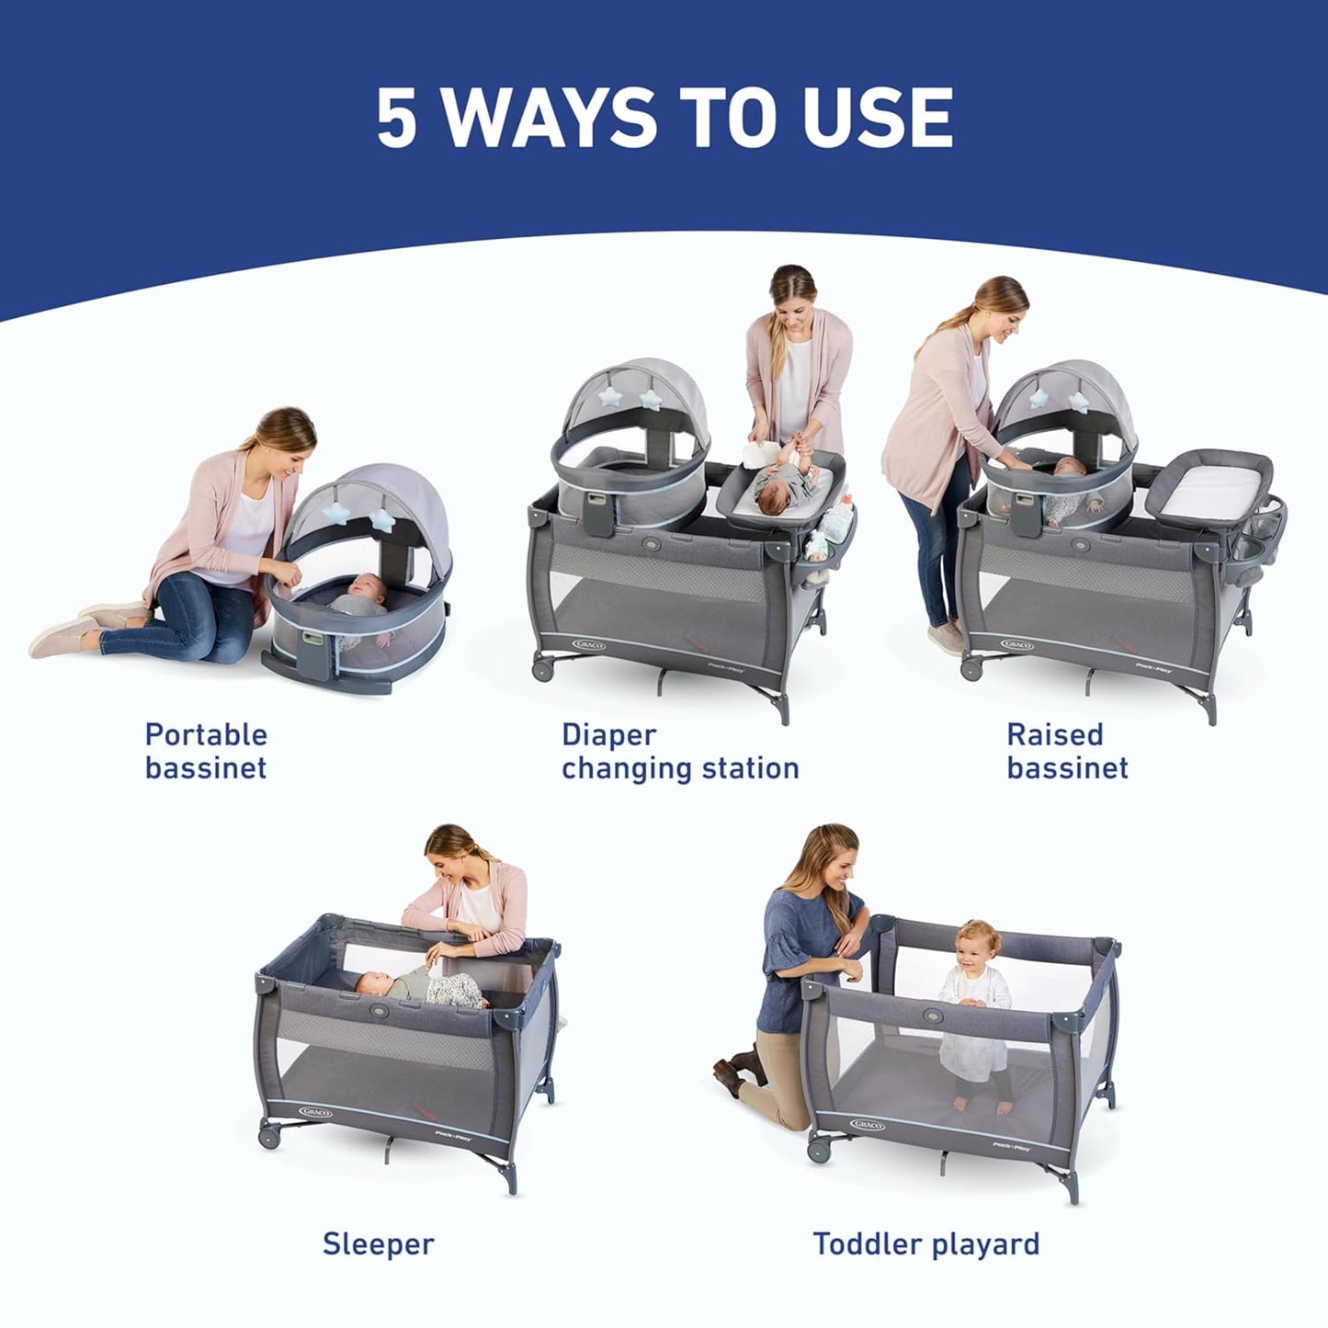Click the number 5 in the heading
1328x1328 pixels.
(397, 118)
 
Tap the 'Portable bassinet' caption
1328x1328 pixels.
(206, 751)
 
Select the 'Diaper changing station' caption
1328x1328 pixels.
(679, 751)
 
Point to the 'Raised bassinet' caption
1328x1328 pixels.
(1066, 751)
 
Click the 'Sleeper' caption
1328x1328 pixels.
(378, 1243)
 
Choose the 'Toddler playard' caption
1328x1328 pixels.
(925, 1243)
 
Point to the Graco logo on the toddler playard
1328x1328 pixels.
(867, 1124)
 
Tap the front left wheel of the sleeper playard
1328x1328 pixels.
(269, 1136)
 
